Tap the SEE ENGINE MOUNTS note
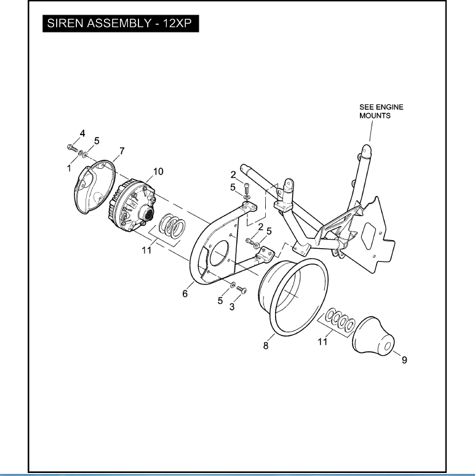pyautogui.click(x=381, y=111)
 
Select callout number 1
pyautogui.click(x=69, y=167)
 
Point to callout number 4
pyautogui.click(x=82, y=133)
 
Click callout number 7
pyautogui.click(x=122, y=150)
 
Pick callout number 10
pyautogui.click(x=158, y=171)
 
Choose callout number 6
pyautogui.click(x=184, y=294)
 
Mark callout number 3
pyautogui.click(x=232, y=306)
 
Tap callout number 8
pyautogui.click(x=266, y=346)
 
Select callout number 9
pyautogui.click(x=404, y=360)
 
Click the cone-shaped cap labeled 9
pyautogui.click(x=373, y=337)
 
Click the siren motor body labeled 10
pyautogui.click(x=135, y=206)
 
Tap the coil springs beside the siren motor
pyautogui.click(x=173, y=225)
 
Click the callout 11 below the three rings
pyautogui.click(x=322, y=341)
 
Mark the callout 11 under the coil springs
pyautogui.click(x=146, y=251)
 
